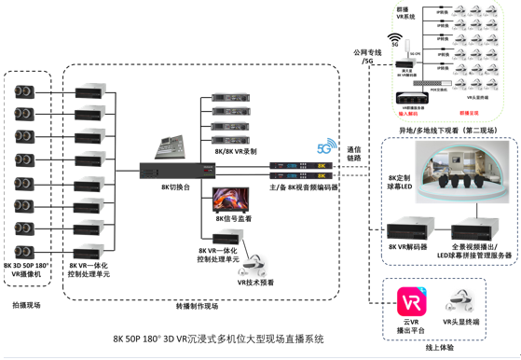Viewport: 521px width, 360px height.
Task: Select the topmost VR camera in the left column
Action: tap(25, 91)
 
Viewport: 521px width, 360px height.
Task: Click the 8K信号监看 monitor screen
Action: tap(230, 199)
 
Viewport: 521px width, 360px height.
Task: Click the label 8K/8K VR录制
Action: tap(235, 150)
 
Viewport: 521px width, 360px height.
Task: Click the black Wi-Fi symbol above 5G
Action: tap(396, 31)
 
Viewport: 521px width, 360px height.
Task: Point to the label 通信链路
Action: tap(356, 154)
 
